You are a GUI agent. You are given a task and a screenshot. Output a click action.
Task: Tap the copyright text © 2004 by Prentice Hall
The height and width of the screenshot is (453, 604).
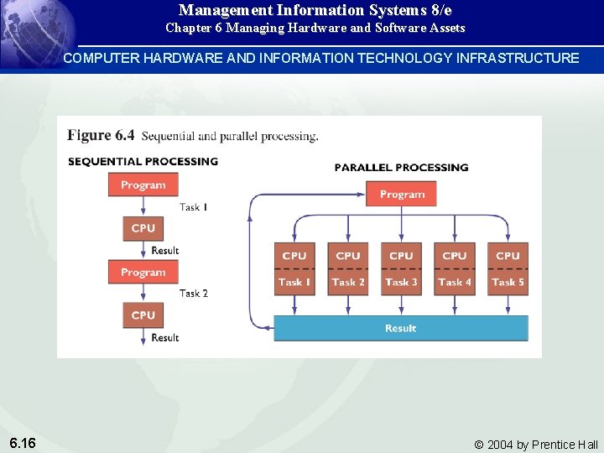tap(536, 445)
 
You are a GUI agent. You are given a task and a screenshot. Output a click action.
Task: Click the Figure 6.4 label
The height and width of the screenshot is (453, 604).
tap(101, 135)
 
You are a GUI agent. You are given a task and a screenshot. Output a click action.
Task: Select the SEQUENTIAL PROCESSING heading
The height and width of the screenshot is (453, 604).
tap(143, 161)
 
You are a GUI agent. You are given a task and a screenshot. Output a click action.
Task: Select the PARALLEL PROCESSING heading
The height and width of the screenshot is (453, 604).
tap(401, 167)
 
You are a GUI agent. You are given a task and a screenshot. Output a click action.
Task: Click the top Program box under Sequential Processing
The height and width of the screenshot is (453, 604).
tap(143, 185)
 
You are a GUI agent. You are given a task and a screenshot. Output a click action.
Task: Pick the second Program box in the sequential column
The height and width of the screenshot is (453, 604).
tap(143, 273)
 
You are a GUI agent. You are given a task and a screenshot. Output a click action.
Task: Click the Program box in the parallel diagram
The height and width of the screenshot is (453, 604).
tap(402, 195)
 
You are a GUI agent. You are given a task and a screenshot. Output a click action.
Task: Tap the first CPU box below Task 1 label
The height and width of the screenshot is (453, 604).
tap(143, 228)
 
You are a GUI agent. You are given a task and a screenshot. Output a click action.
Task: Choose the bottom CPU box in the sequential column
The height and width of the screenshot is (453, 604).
tap(143, 315)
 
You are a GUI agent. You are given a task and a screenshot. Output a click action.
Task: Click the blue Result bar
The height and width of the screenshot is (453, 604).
tap(401, 328)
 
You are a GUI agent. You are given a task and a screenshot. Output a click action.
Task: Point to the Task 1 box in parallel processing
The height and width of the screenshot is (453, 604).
tap(294, 283)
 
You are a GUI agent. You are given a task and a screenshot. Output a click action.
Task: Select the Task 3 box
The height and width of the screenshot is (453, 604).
tap(401, 283)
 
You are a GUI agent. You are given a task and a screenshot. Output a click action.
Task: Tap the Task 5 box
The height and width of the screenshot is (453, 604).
tap(508, 283)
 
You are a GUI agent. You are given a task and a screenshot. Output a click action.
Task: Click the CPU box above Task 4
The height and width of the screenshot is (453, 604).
tap(455, 256)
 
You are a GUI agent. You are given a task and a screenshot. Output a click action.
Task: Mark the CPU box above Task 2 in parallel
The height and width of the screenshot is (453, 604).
tap(348, 256)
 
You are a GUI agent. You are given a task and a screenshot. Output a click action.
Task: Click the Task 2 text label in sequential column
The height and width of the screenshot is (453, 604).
tap(194, 294)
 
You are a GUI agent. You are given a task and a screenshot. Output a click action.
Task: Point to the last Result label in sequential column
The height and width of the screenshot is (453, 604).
tap(165, 338)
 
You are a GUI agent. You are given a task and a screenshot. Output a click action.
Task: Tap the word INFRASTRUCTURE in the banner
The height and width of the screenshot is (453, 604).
tap(518, 58)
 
